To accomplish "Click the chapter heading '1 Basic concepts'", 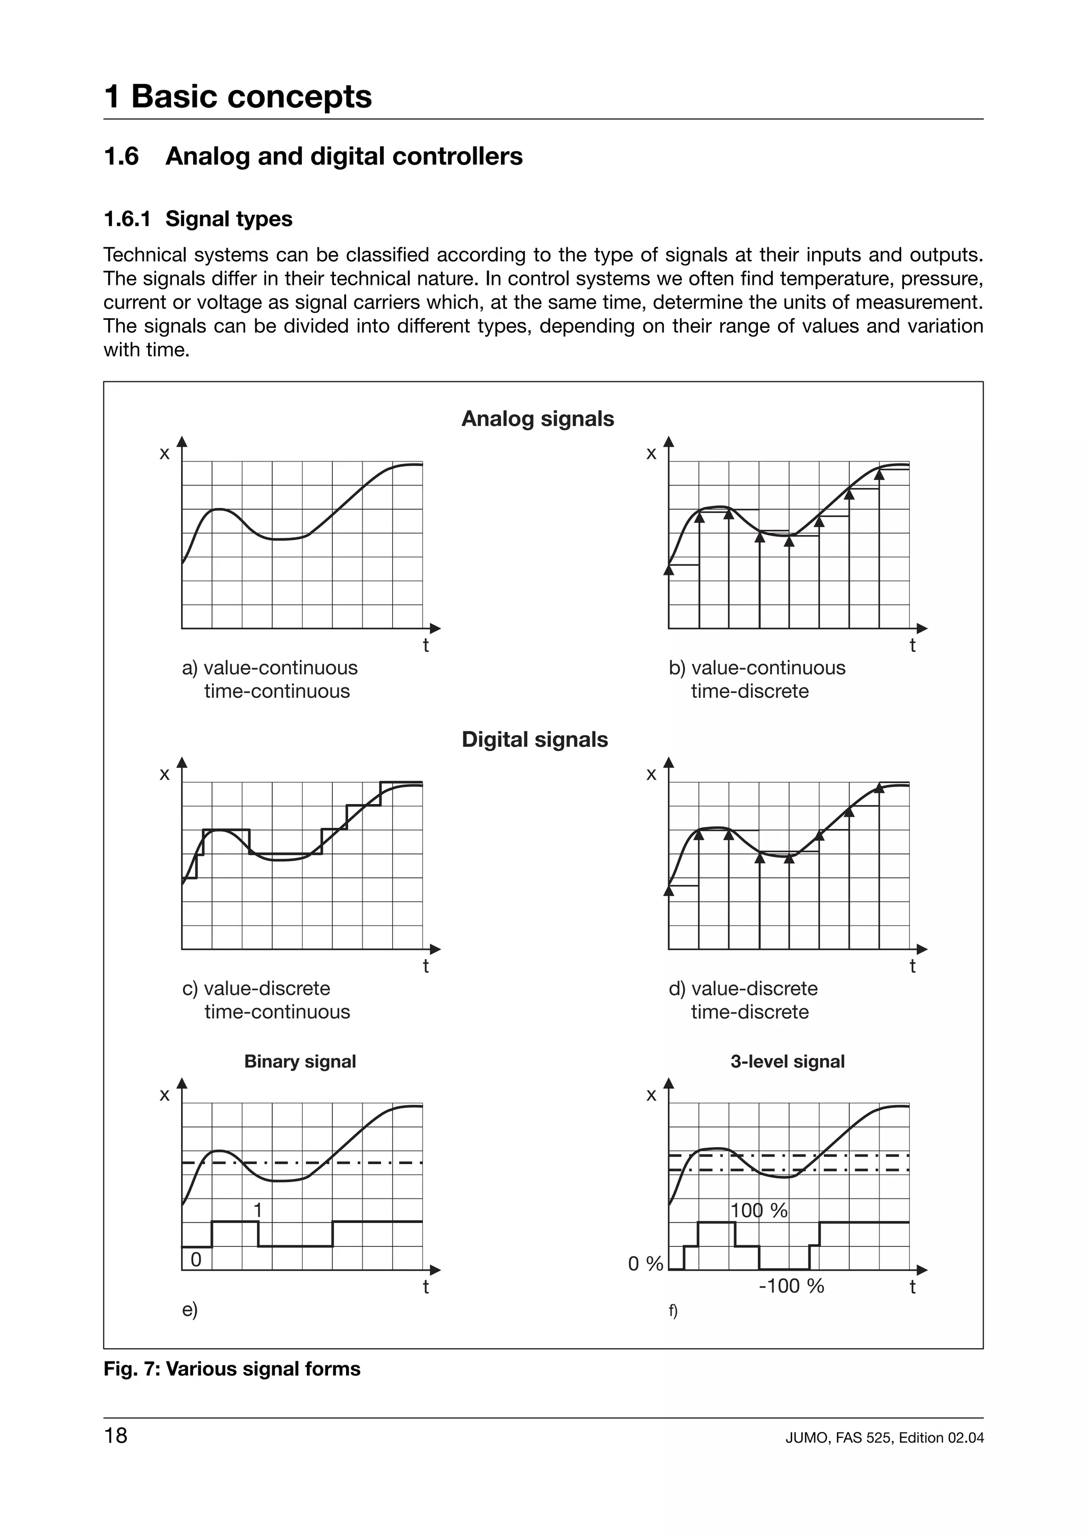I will pyautogui.click(x=238, y=97).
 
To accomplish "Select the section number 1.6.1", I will pyautogui.click(x=127, y=219).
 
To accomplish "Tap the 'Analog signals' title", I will pyautogui.click(x=537, y=419).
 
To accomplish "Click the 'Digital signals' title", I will pyautogui.click(x=534, y=740).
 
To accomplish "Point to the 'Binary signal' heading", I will pyautogui.click(x=299, y=1061).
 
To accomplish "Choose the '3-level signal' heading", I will pyautogui.click(x=787, y=1061).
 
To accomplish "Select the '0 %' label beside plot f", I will pyautogui.click(x=645, y=1264).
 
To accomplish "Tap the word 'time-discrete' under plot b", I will pyautogui.click(x=749, y=691).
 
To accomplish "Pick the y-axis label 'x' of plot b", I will pyautogui.click(x=651, y=453).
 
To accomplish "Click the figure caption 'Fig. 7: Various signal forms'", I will pyautogui.click(x=232, y=1369).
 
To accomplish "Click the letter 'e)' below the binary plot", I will pyautogui.click(x=189, y=1309).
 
